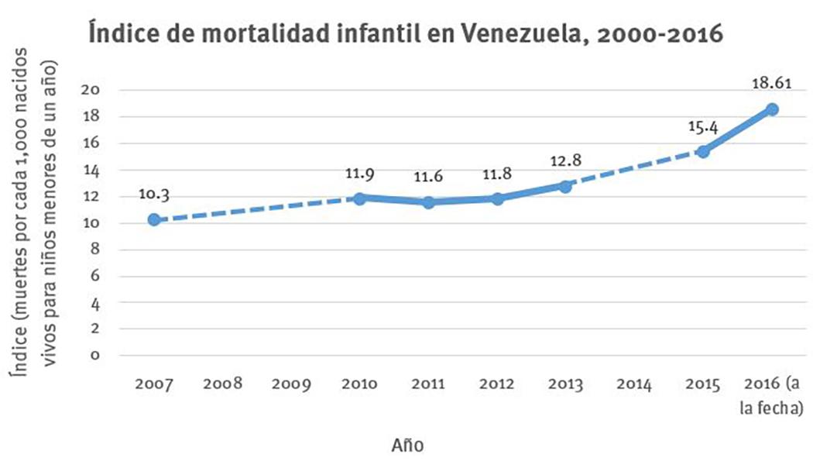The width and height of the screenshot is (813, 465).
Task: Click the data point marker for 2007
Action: (154, 220)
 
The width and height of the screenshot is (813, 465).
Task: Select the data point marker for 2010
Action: (360, 198)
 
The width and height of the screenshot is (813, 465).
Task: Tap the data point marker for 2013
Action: (566, 186)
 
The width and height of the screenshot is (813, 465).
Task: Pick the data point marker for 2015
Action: (703, 152)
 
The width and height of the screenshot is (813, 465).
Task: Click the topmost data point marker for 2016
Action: (772, 109)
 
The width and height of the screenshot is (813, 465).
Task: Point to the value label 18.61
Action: (771, 81)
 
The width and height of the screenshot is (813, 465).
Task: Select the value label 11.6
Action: (428, 177)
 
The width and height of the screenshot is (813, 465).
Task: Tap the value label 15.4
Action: (703, 125)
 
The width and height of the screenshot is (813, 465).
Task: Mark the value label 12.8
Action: (566, 160)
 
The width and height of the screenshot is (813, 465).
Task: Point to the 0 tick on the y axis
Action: (95, 356)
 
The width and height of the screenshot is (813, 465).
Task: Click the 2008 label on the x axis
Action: (223, 384)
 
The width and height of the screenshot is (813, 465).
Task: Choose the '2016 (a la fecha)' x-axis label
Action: (772, 395)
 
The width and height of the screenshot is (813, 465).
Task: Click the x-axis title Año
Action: (407, 445)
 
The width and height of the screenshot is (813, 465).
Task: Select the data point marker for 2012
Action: (497, 198)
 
